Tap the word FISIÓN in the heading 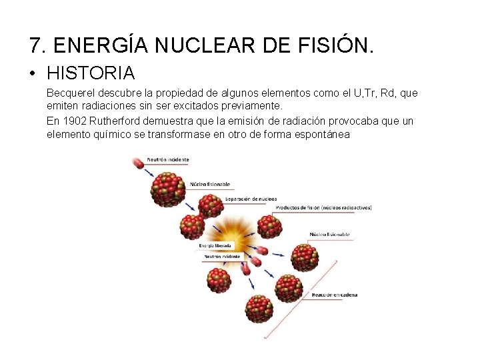tap(335, 45)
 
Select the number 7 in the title tap(35, 45)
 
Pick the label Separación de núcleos tap(251, 199)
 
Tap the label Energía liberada tap(214, 245)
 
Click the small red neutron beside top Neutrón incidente tap(137, 161)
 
